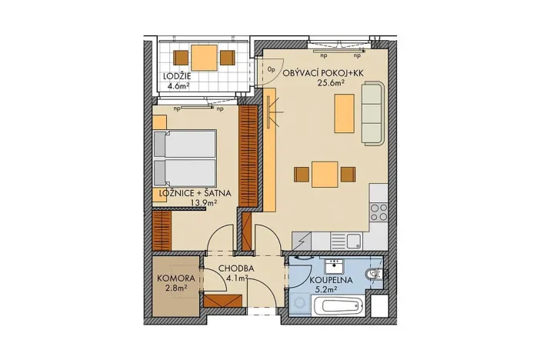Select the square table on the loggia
pos(204,57)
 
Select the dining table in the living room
pos(324,174)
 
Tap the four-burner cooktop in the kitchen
pos(379,211)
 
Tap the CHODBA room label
pos(232,269)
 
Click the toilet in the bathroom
pos(374,274)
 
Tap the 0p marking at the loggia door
pos(272,68)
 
